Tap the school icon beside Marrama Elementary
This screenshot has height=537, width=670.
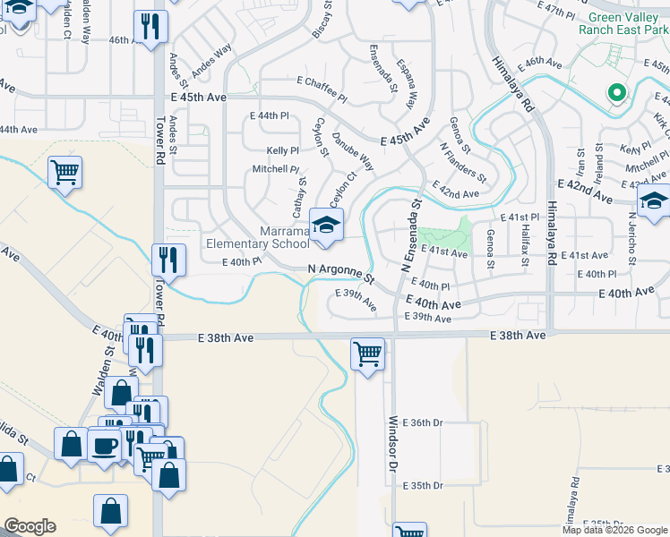[326, 224]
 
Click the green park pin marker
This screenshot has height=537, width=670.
[615, 92]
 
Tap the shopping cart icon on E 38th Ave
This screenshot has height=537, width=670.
[367, 354]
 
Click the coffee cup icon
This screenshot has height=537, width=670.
[105, 446]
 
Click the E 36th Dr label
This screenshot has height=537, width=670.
[423, 422]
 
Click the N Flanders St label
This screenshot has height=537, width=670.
[462, 161]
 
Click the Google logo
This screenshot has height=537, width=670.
[30, 526]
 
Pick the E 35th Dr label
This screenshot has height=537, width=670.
[423, 486]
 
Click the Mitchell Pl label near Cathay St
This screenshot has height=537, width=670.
[275, 168]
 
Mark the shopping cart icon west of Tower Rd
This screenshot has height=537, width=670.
[64, 172]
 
